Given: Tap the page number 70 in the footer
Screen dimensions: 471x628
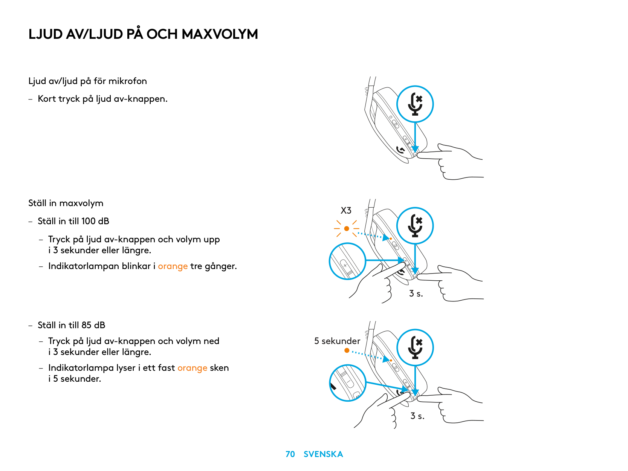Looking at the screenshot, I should point(290,454).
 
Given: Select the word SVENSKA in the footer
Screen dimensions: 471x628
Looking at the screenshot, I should point(323,454).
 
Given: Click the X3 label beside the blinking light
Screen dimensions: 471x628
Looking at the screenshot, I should point(346,211).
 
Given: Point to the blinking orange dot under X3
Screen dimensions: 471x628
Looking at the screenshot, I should point(347,229).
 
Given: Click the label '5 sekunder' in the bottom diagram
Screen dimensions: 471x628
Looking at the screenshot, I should point(337,341).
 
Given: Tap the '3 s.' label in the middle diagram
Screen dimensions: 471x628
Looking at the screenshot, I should point(416,294).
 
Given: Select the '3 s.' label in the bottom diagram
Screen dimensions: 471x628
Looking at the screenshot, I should point(417,416).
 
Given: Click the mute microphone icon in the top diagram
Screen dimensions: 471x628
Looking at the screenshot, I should point(415,104).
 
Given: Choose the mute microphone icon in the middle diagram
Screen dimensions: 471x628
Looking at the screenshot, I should point(415,226).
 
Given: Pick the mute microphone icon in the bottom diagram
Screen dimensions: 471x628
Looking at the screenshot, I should point(415,347).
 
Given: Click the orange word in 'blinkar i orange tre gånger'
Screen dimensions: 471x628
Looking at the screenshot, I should point(173,266).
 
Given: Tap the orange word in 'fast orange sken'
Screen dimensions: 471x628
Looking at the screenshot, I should point(192,368).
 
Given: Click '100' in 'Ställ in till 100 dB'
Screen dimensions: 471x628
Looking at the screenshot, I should point(88,221).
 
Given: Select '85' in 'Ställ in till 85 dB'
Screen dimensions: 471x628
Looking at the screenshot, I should point(86,325).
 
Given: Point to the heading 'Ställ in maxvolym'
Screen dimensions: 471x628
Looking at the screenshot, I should point(66,203).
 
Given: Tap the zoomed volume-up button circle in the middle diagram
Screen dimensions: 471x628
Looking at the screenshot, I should point(347,261).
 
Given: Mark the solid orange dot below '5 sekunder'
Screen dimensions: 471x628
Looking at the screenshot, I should point(347,350).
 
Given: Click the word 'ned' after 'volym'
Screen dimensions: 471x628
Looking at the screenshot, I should point(211,341).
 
